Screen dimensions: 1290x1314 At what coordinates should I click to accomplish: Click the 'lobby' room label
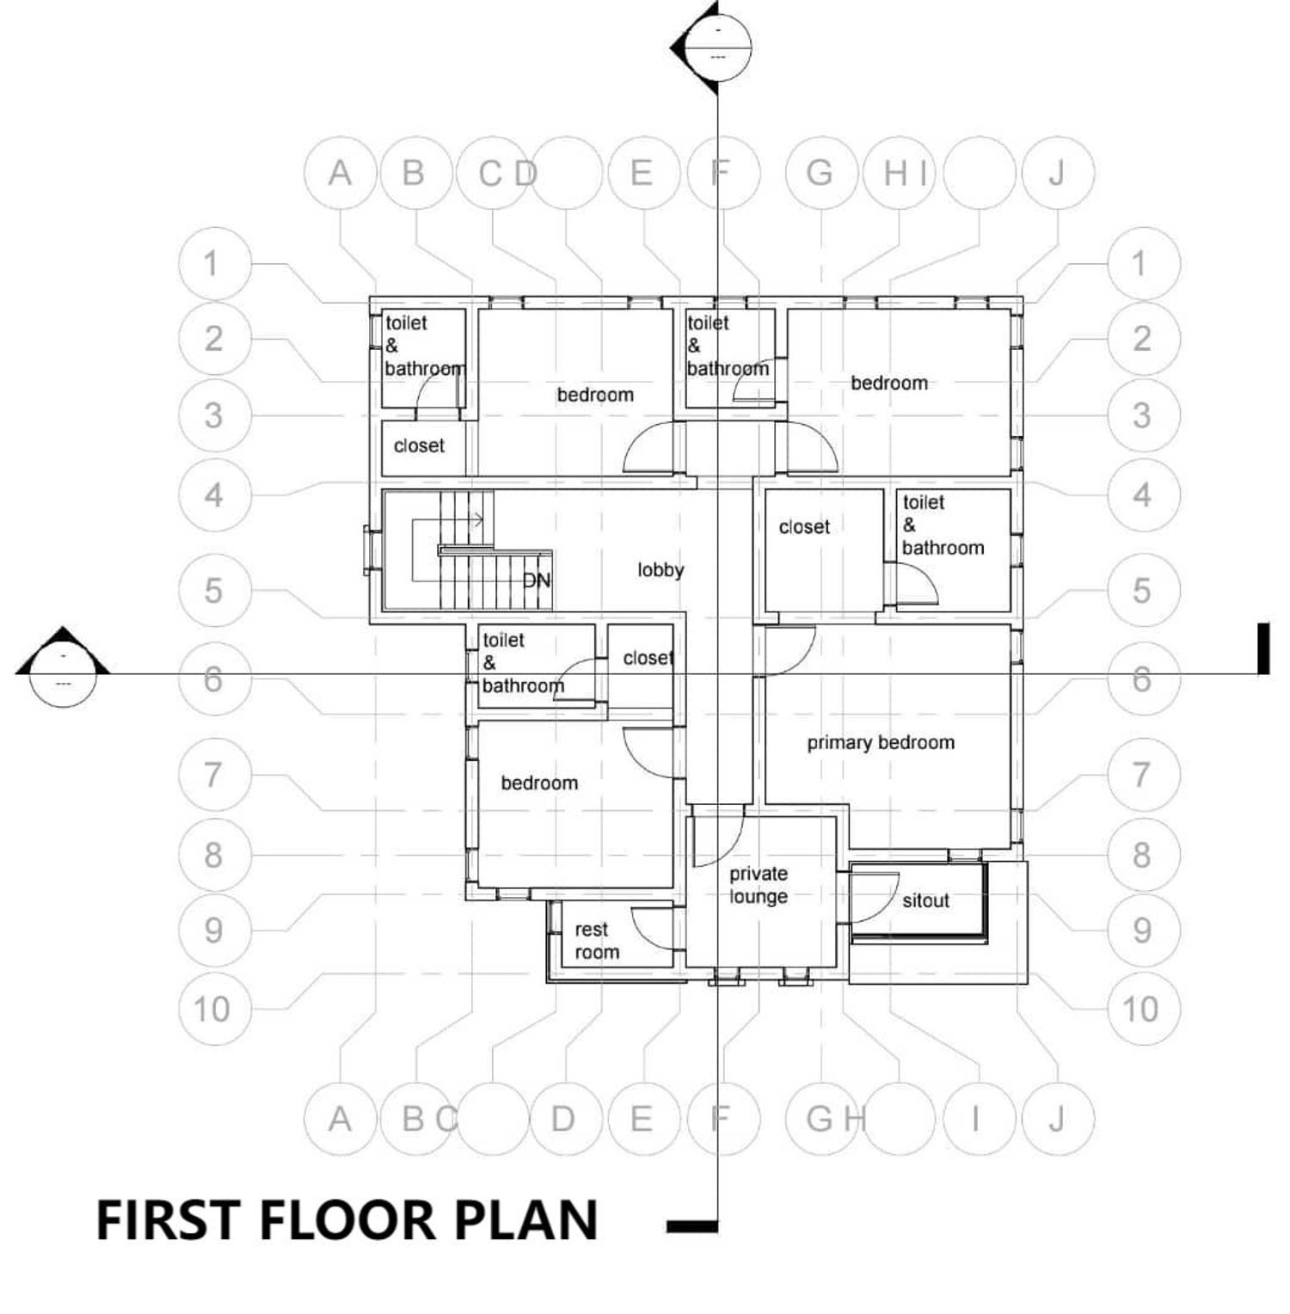click(660, 570)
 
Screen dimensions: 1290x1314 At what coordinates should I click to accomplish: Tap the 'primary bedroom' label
click(881, 743)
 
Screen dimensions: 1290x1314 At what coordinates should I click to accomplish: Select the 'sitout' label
click(925, 900)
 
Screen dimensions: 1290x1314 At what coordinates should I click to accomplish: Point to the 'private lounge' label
click(759, 885)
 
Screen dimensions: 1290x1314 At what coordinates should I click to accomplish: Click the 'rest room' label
click(597, 941)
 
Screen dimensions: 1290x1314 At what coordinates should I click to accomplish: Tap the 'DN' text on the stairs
click(537, 580)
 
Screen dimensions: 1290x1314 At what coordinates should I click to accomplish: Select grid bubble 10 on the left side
click(212, 1009)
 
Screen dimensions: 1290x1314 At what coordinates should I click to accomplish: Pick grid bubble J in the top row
click(1057, 173)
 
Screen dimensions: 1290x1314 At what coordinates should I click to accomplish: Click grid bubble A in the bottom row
click(341, 1119)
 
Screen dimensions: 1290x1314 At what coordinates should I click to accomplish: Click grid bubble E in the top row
click(642, 173)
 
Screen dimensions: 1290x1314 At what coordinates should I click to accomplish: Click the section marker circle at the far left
click(63, 673)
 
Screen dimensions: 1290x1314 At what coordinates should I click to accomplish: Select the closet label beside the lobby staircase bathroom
click(648, 658)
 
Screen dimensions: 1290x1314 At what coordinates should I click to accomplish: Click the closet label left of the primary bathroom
click(804, 527)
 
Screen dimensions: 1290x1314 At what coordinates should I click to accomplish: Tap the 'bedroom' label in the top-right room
click(889, 384)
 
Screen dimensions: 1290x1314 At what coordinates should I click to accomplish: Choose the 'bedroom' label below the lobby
click(539, 783)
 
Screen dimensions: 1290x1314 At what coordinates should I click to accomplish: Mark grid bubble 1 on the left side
click(212, 264)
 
